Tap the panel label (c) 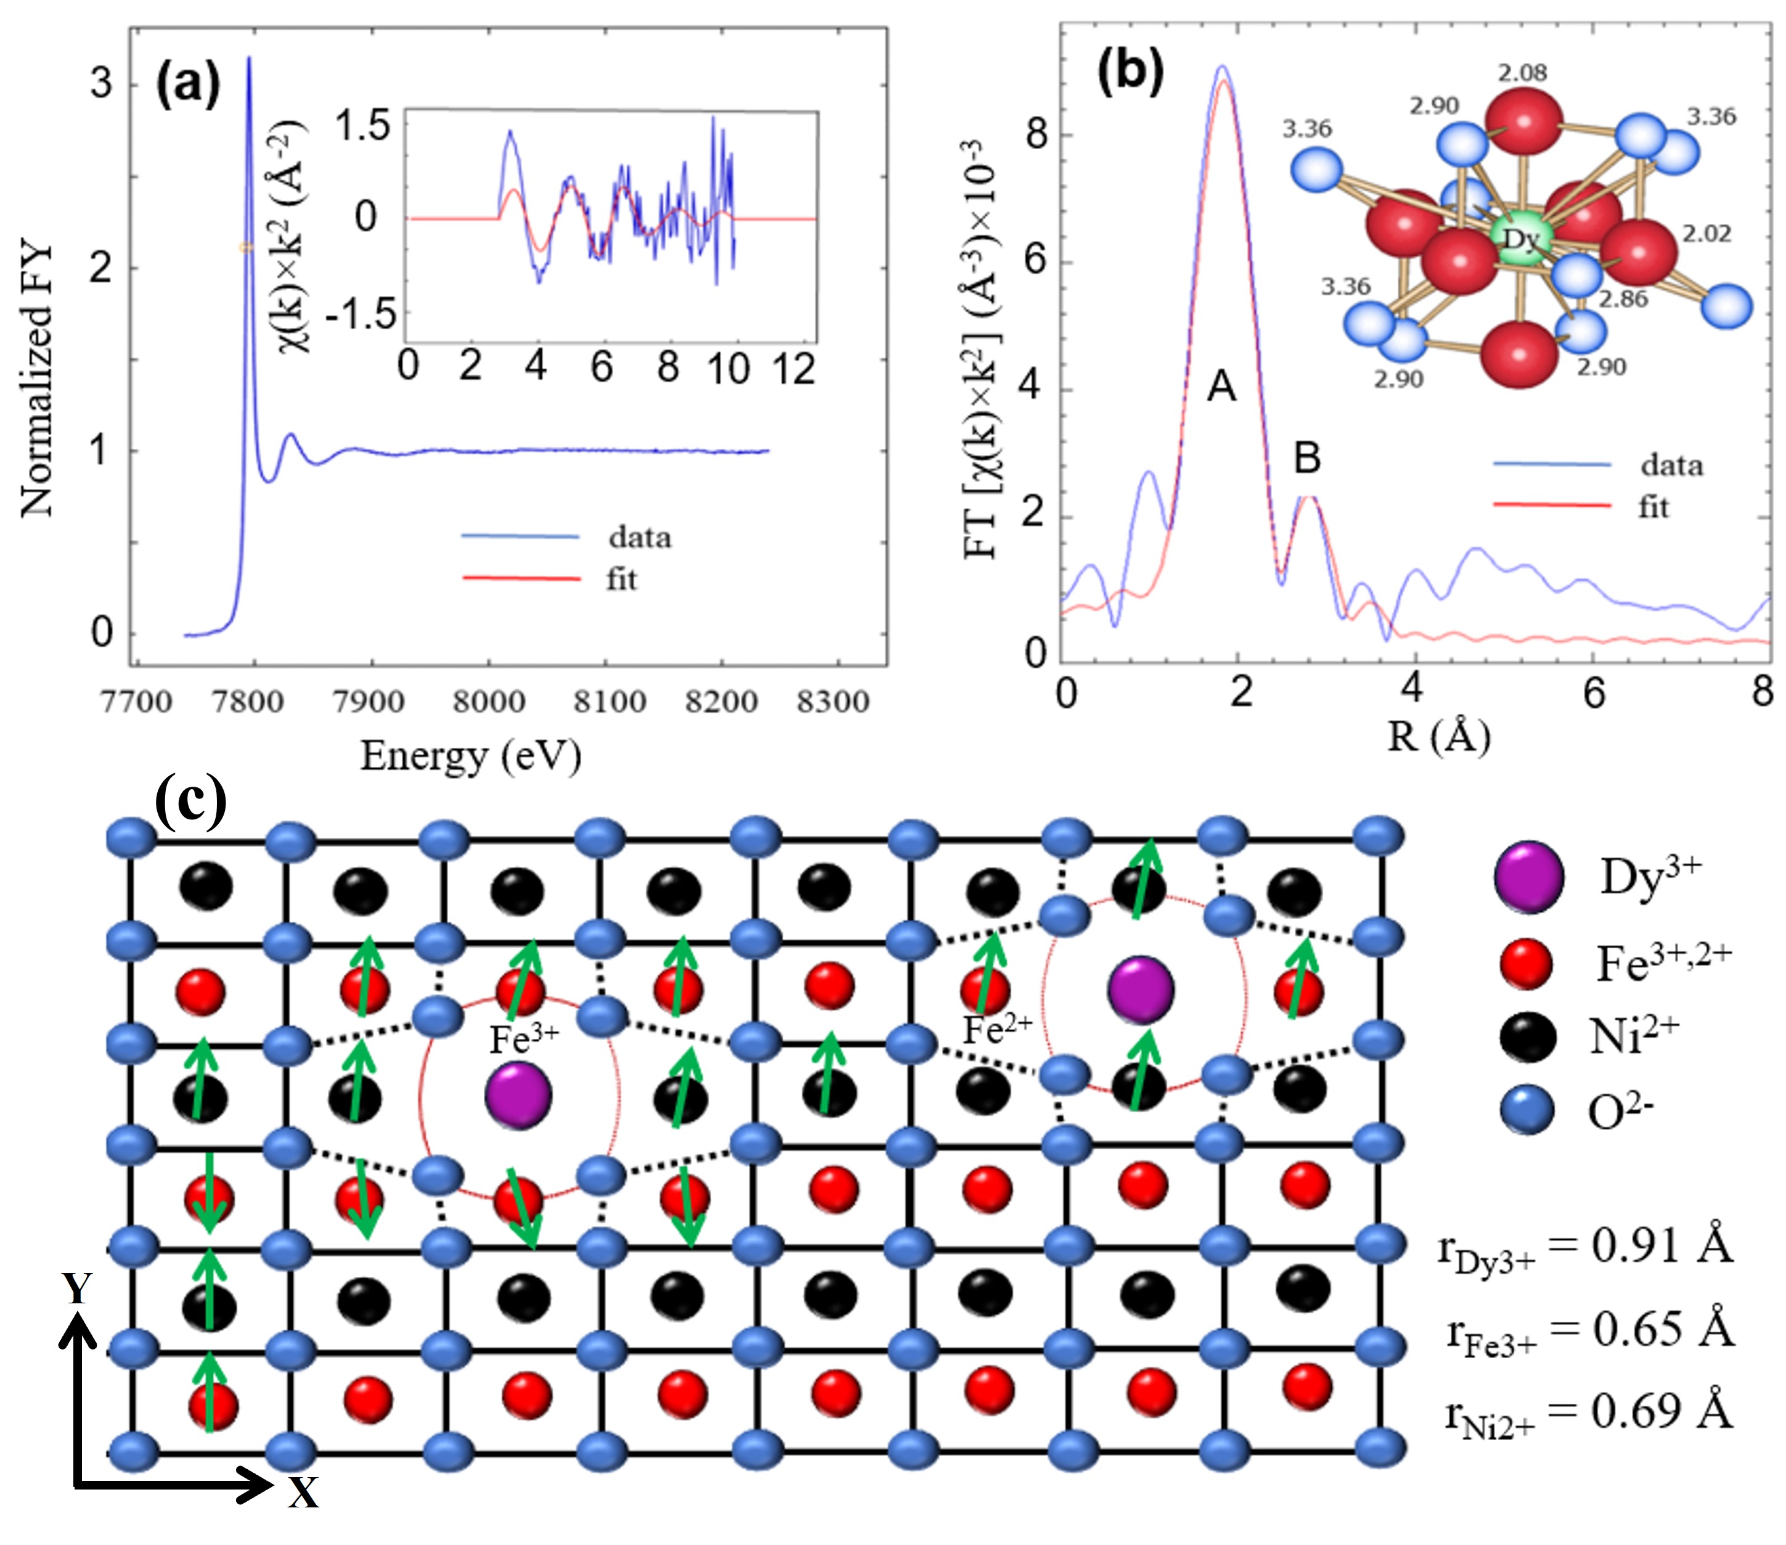[x=190, y=801]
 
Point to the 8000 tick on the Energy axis [x=489, y=702]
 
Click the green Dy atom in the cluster [x=1520, y=238]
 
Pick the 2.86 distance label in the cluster [x=1623, y=299]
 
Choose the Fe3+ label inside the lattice [x=524, y=1039]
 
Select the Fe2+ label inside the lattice [x=997, y=1028]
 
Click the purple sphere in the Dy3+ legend [x=1528, y=878]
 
